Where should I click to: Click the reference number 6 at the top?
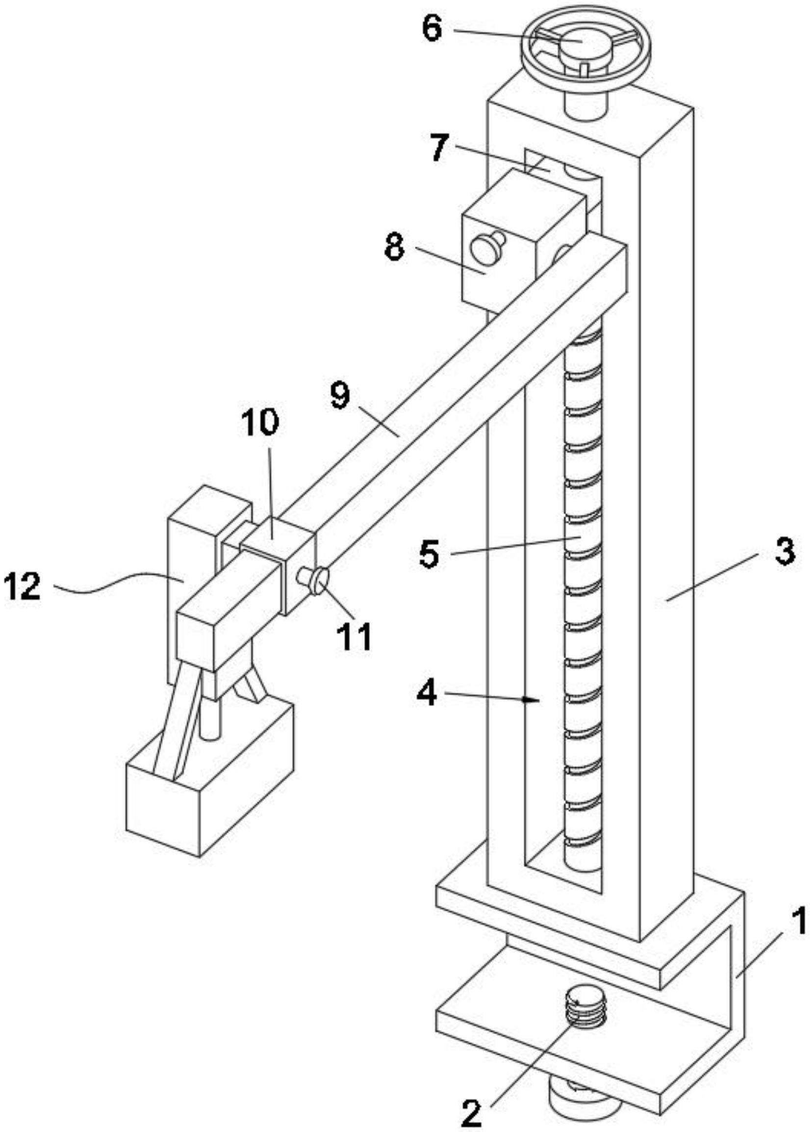pos(432,30)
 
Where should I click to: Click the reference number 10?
pos(260,424)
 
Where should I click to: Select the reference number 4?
pos(428,693)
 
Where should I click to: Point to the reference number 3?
pos(784,553)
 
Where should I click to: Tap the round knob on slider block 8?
pos(485,248)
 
